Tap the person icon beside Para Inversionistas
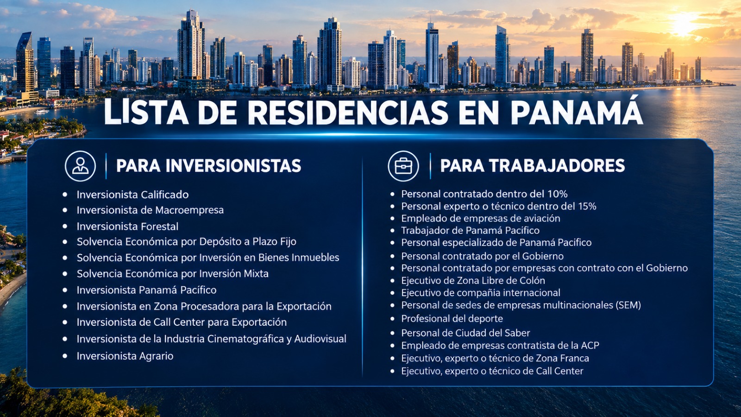point(81,166)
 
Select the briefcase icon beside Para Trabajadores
point(403,166)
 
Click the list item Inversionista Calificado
point(132,195)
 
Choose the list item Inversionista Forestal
point(127,227)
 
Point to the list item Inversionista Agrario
point(125,356)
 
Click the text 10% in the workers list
point(558,194)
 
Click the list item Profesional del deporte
point(452,318)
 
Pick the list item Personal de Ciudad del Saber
point(465,333)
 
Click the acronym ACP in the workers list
point(590,346)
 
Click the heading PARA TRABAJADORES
point(533,166)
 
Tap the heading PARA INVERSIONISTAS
point(209,166)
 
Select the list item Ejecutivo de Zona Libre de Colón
point(473,281)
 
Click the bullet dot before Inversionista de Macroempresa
point(65,210)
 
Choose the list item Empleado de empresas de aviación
point(481,218)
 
